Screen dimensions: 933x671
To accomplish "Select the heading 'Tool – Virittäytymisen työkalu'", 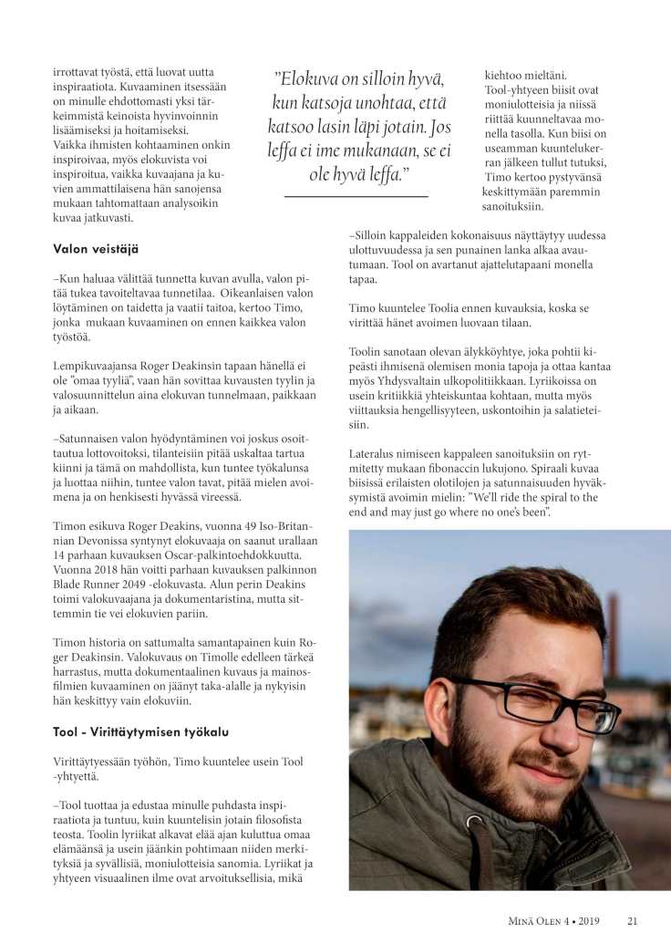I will (140, 732).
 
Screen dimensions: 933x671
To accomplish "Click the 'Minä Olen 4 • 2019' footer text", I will (555, 920).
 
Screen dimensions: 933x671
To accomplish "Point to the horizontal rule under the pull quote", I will (356, 195).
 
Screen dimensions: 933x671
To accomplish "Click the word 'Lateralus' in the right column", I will (377, 453).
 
